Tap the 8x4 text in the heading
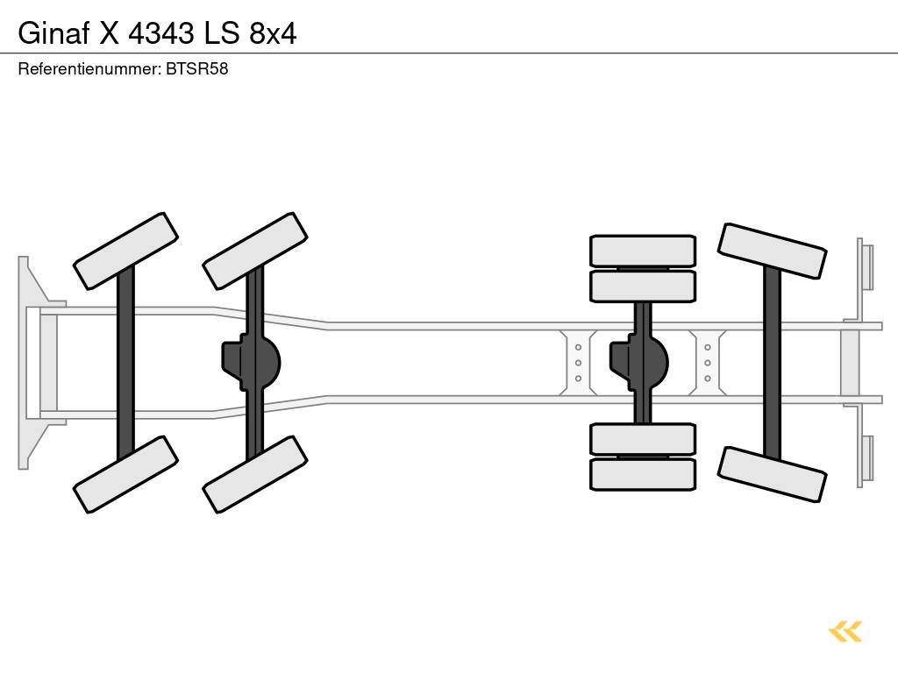(273, 32)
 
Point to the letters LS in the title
(222, 32)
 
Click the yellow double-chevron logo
(845, 631)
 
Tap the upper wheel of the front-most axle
(126, 251)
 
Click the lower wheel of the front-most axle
(126, 474)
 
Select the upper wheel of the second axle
(255, 251)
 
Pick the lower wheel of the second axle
(255, 474)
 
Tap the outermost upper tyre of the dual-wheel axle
(643, 251)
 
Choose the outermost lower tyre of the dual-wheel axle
(643, 474)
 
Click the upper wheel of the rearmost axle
(772, 251)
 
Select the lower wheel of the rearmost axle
(772, 474)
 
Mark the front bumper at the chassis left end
(33, 362)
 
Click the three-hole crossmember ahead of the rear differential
(579, 362)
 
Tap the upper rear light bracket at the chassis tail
(866, 266)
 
